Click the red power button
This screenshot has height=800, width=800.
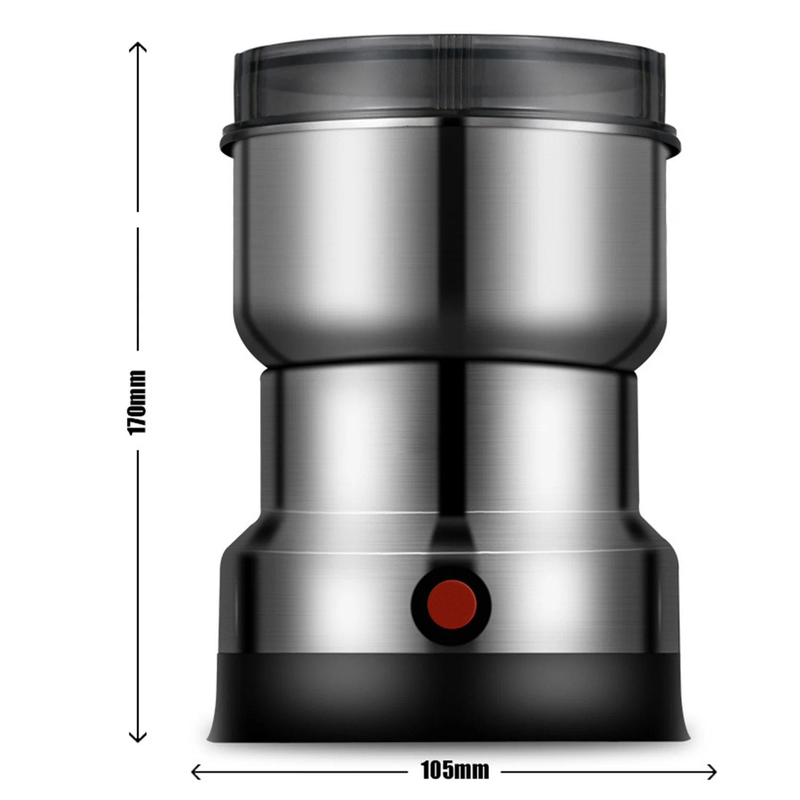(x=452, y=605)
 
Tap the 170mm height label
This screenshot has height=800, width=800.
(x=137, y=402)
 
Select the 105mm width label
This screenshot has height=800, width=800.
(x=455, y=770)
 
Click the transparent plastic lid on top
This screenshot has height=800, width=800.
(x=449, y=80)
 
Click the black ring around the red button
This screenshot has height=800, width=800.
(x=419, y=605)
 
